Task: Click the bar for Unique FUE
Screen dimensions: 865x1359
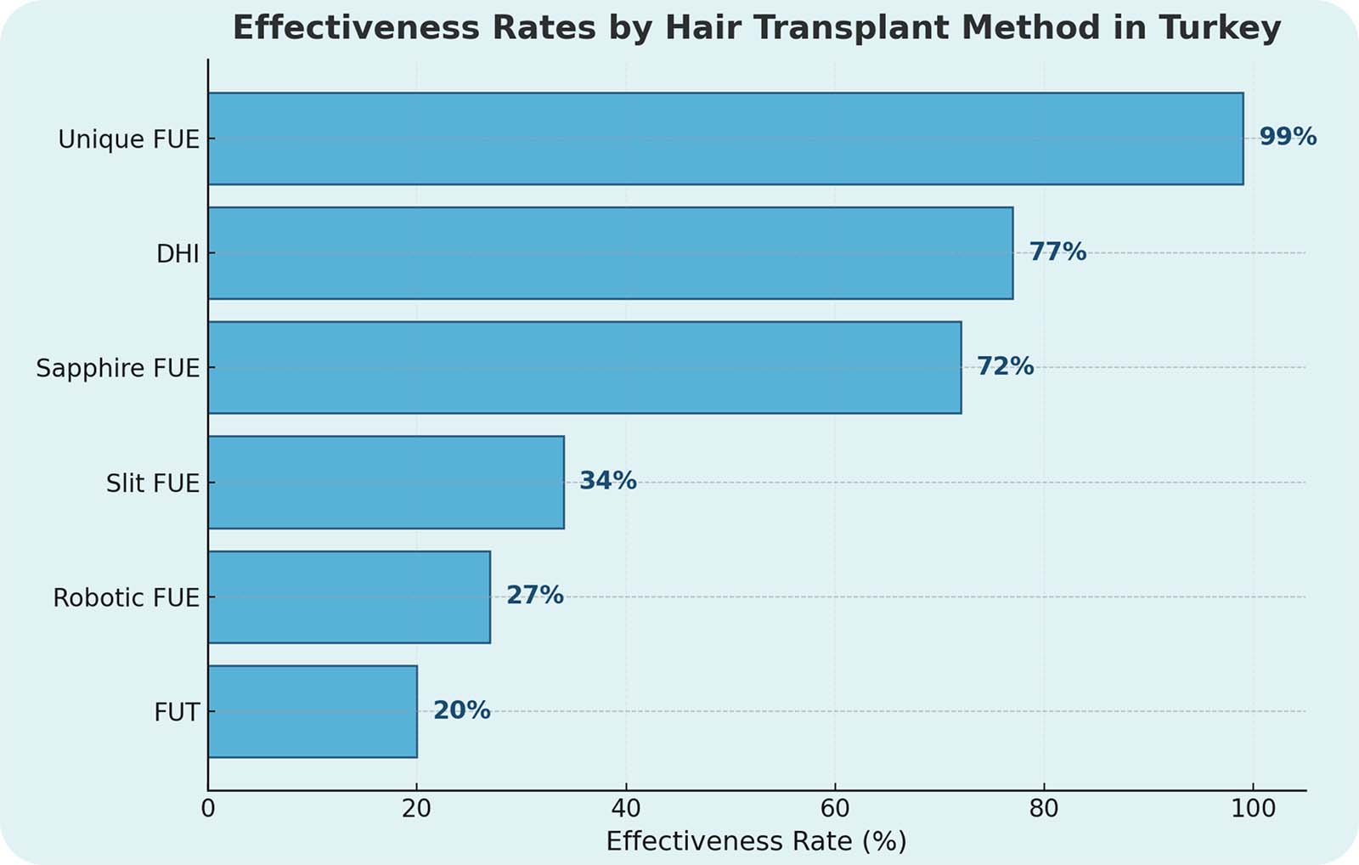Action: coord(725,139)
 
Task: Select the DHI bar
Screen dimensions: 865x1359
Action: coord(610,253)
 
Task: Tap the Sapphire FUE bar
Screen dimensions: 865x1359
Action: coord(584,368)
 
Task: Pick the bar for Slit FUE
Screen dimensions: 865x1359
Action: coord(386,483)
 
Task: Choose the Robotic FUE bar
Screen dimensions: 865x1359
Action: coord(349,597)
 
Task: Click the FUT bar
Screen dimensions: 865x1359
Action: coord(313,712)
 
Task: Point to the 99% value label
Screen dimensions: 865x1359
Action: coord(1288,137)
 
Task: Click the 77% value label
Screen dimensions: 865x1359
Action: coord(1057,252)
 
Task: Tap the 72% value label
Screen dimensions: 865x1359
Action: coord(1005,366)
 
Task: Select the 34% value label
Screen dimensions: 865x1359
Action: coord(607,481)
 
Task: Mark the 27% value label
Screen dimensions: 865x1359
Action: coord(534,595)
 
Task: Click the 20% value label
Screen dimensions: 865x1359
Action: coord(461,710)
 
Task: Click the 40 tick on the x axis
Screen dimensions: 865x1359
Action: coord(626,808)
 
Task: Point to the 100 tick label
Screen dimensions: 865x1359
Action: coord(1253,808)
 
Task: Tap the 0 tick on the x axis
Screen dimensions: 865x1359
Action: coord(208,808)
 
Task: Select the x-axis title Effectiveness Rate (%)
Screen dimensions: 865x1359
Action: coord(756,841)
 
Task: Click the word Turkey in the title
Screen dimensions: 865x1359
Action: coord(1220,28)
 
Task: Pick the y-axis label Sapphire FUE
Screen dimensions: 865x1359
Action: coord(117,369)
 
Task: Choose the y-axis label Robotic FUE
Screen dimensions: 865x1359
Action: coord(126,598)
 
